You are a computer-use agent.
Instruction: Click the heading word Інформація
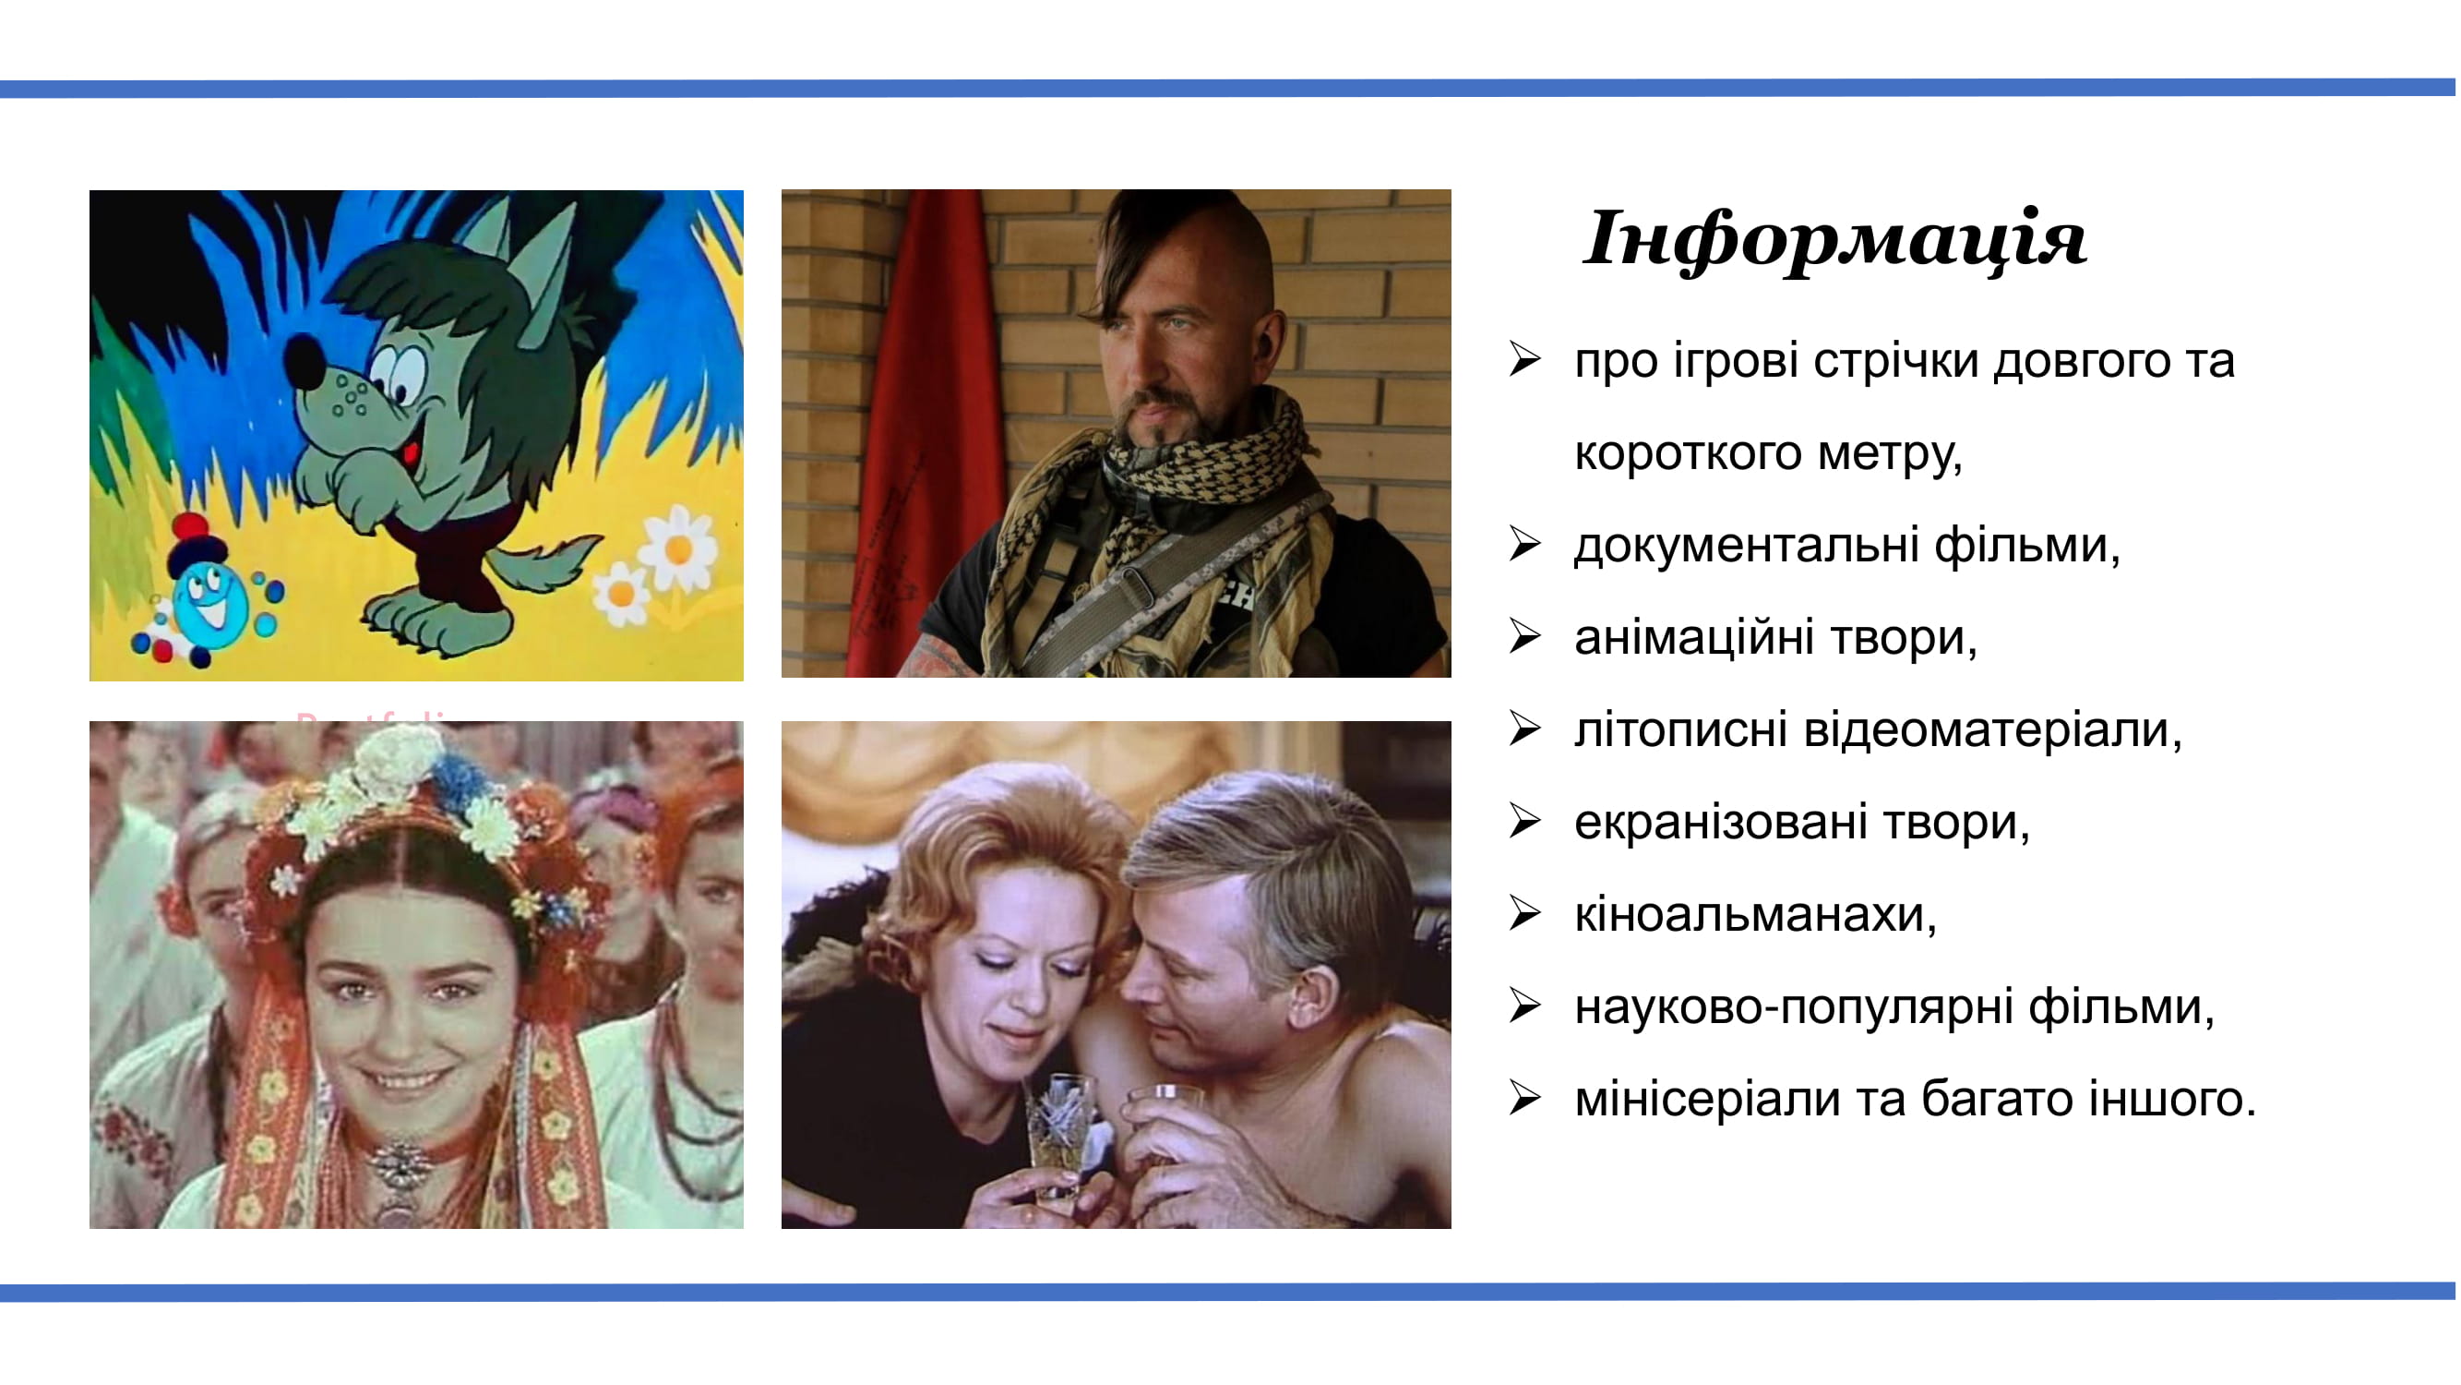point(1834,239)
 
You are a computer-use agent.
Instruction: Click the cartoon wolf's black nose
point(305,361)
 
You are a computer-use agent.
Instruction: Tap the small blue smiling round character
point(210,602)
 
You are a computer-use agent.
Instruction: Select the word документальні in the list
point(1747,545)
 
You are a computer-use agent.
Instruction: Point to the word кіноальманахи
point(1755,915)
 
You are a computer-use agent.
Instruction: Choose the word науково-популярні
point(1794,1007)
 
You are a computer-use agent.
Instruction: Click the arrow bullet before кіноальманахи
point(1525,914)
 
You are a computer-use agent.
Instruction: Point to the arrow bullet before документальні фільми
point(1525,545)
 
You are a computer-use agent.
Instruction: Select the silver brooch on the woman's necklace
point(400,1166)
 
